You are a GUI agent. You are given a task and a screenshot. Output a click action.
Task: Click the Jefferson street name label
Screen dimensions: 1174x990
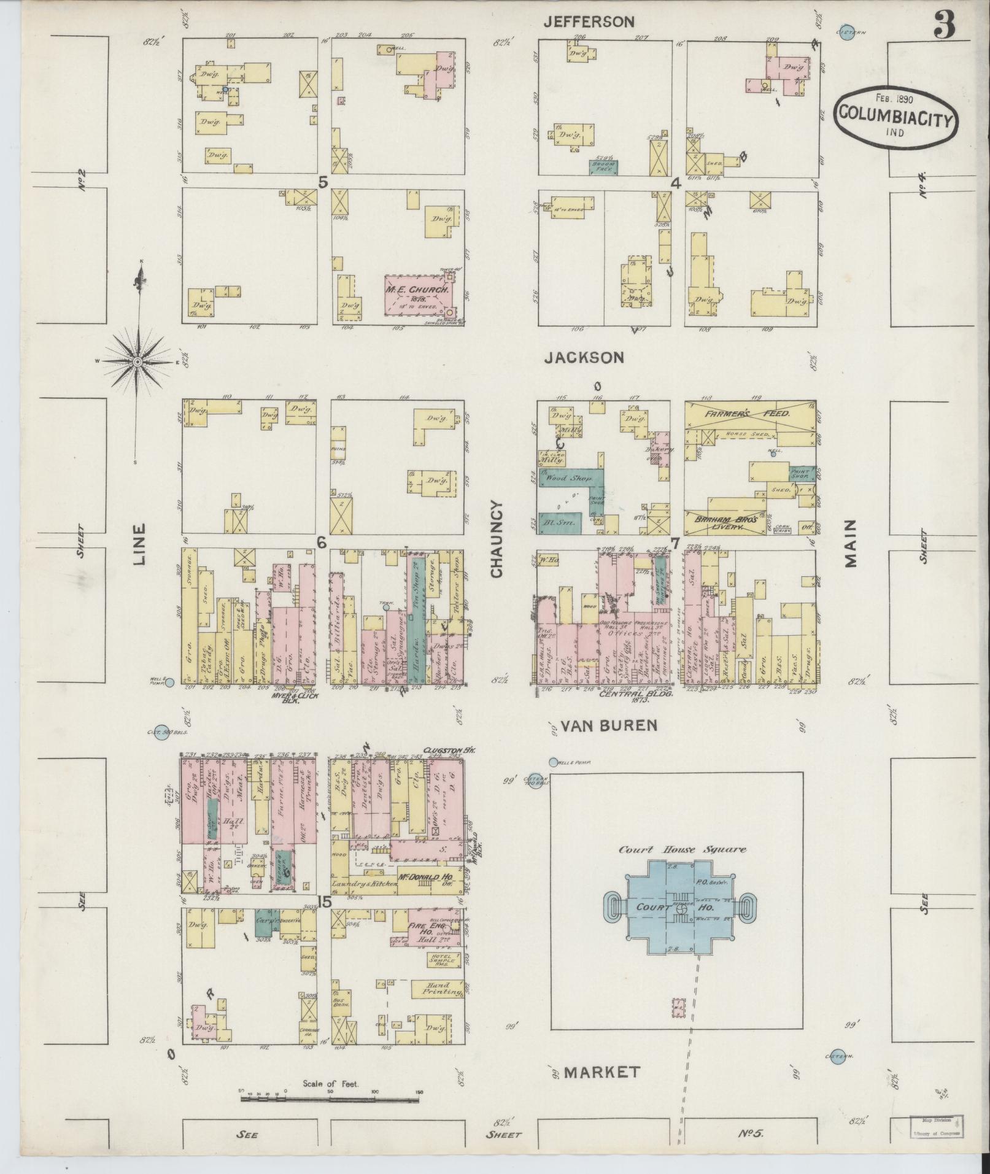(x=589, y=22)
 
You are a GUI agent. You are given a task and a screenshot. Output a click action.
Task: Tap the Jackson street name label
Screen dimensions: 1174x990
(x=584, y=358)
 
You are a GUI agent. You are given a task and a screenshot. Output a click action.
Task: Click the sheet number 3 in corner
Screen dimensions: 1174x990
(x=945, y=26)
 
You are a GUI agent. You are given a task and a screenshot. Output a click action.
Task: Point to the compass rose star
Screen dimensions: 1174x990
(x=138, y=362)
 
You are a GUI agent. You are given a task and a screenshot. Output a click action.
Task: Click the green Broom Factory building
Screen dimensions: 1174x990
(x=603, y=166)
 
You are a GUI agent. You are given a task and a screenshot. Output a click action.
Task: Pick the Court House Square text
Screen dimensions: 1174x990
(x=682, y=849)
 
